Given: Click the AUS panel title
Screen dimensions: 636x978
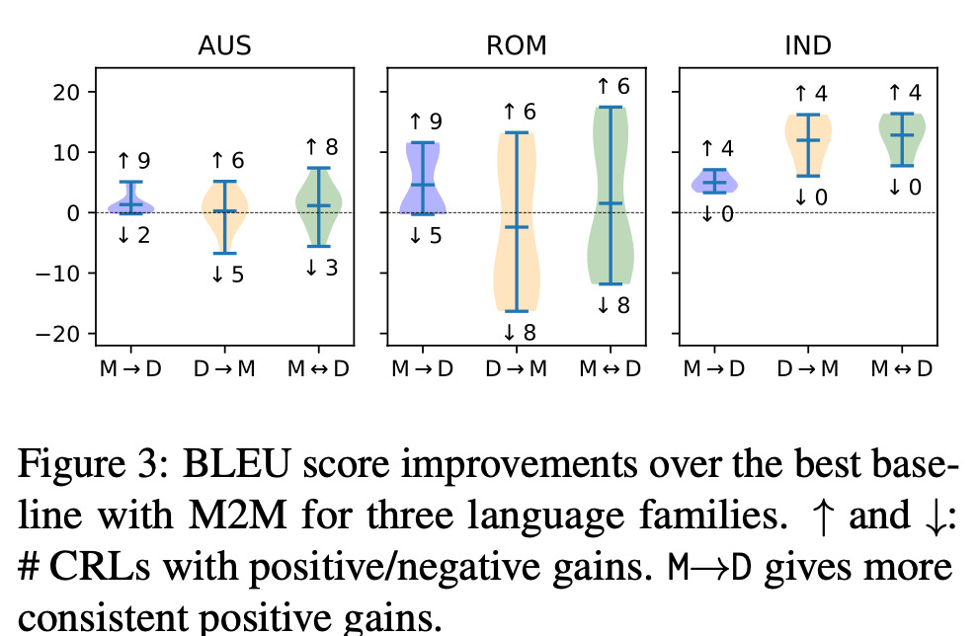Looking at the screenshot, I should [224, 46].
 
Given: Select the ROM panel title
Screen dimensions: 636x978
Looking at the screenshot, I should [516, 46].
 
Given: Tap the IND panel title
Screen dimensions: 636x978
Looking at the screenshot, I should [807, 46].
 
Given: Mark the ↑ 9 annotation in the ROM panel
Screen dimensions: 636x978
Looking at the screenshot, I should [423, 122].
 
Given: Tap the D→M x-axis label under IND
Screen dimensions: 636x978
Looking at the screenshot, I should [808, 368].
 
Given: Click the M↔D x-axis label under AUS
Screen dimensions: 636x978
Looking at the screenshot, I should [319, 368].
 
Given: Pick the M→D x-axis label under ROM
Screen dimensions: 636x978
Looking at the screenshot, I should [423, 368].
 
